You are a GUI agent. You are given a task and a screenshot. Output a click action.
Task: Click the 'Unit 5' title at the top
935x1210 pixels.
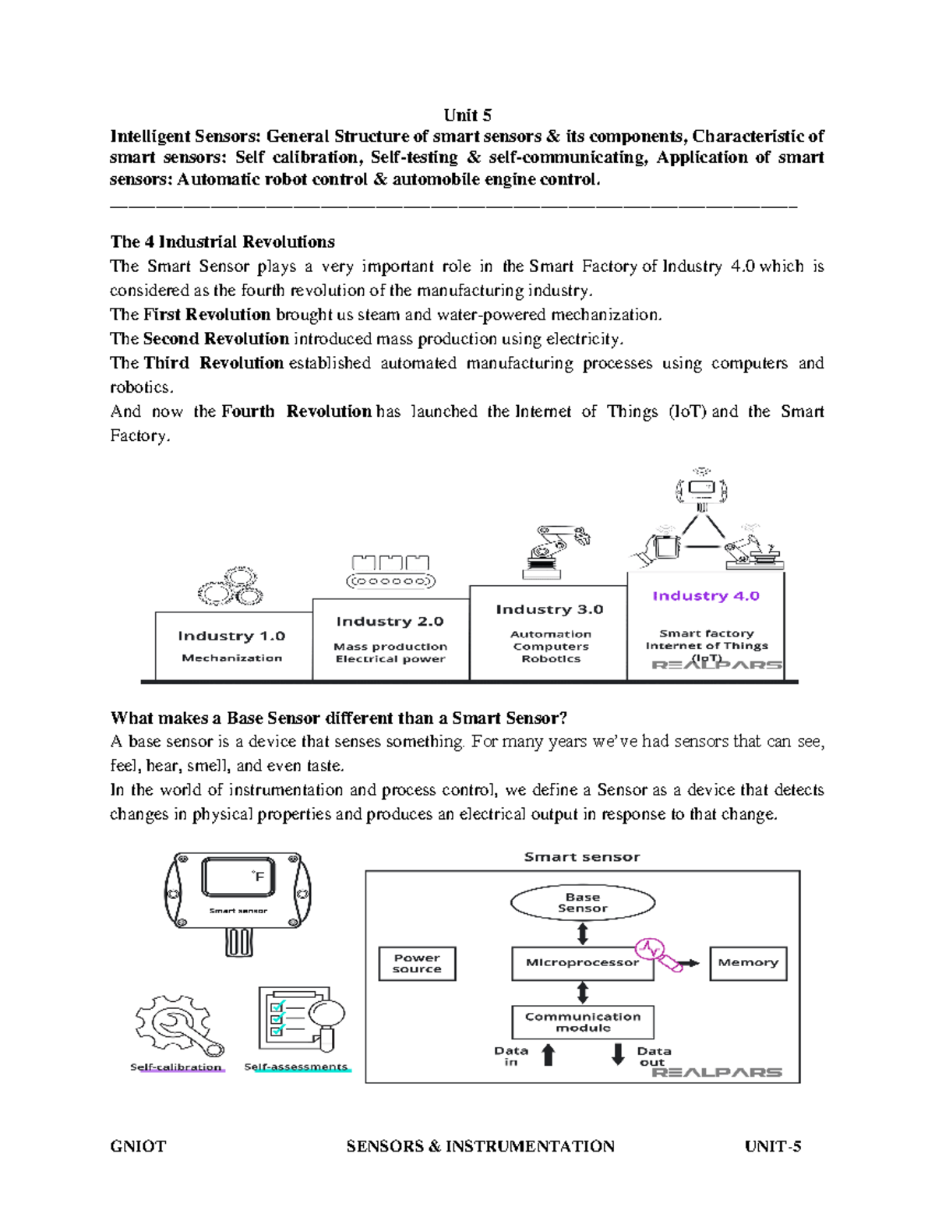(467, 115)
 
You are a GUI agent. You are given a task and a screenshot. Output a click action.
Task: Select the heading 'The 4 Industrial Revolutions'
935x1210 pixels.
(223, 242)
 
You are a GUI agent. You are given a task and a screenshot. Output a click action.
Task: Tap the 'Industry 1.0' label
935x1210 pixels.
(231, 636)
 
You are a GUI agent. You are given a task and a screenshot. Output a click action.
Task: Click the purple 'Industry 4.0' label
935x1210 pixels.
(705, 596)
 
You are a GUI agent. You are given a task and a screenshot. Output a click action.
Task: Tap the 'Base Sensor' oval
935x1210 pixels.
(582, 903)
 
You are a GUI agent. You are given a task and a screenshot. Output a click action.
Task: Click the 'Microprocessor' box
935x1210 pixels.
(582, 963)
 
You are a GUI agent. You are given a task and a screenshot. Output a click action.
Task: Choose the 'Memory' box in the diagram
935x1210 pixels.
(748, 963)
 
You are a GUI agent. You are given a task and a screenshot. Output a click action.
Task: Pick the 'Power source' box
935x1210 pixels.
(417, 964)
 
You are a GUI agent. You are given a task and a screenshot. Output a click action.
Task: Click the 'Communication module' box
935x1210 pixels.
(583, 1022)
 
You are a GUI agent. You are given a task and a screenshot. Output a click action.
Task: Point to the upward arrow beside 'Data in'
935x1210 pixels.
(549, 1055)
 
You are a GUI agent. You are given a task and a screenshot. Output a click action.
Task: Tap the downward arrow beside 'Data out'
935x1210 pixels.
(618, 1054)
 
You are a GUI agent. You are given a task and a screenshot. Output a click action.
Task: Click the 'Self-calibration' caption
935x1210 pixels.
(176, 1067)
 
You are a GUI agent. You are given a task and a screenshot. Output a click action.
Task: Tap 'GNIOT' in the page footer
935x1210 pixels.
(138, 1146)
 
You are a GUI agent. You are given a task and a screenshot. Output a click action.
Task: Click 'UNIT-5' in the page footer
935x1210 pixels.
(772, 1146)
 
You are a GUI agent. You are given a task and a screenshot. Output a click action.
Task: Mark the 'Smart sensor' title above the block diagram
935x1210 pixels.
(581, 857)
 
